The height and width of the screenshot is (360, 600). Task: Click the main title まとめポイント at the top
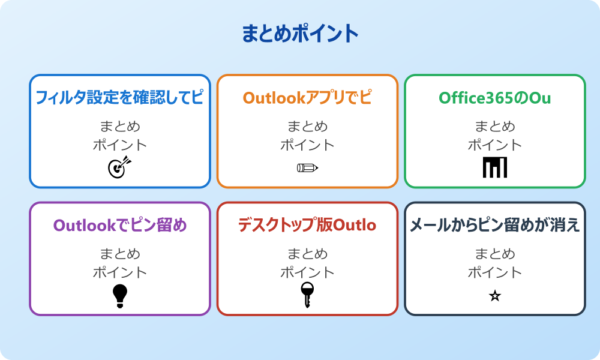tap(300, 34)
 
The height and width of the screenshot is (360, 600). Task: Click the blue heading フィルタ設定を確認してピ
tap(120, 98)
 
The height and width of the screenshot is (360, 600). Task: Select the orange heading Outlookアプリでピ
tap(307, 98)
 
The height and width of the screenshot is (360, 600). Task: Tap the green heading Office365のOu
tap(495, 98)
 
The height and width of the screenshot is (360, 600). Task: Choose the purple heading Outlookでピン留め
tap(120, 226)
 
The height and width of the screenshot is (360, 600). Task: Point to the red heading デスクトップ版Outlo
tap(307, 226)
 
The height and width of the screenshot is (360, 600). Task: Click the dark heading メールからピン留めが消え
tap(495, 226)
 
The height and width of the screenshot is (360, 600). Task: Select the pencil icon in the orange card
tap(307, 167)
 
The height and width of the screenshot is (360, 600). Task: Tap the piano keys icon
tap(495, 167)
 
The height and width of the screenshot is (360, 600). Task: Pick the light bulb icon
tap(120, 296)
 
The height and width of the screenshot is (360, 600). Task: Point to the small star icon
tap(495, 296)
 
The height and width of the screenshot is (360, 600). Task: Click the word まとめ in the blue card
tap(120, 127)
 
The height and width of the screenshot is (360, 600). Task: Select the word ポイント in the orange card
tap(307, 145)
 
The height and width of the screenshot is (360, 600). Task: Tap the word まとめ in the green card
tap(495, 127)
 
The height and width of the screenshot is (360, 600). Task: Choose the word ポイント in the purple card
tap(120, 272)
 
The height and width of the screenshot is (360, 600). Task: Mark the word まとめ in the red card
tap(307, 254)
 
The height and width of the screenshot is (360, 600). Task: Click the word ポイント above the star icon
tap(495, 272)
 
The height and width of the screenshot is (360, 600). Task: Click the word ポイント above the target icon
tap(120, 145)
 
